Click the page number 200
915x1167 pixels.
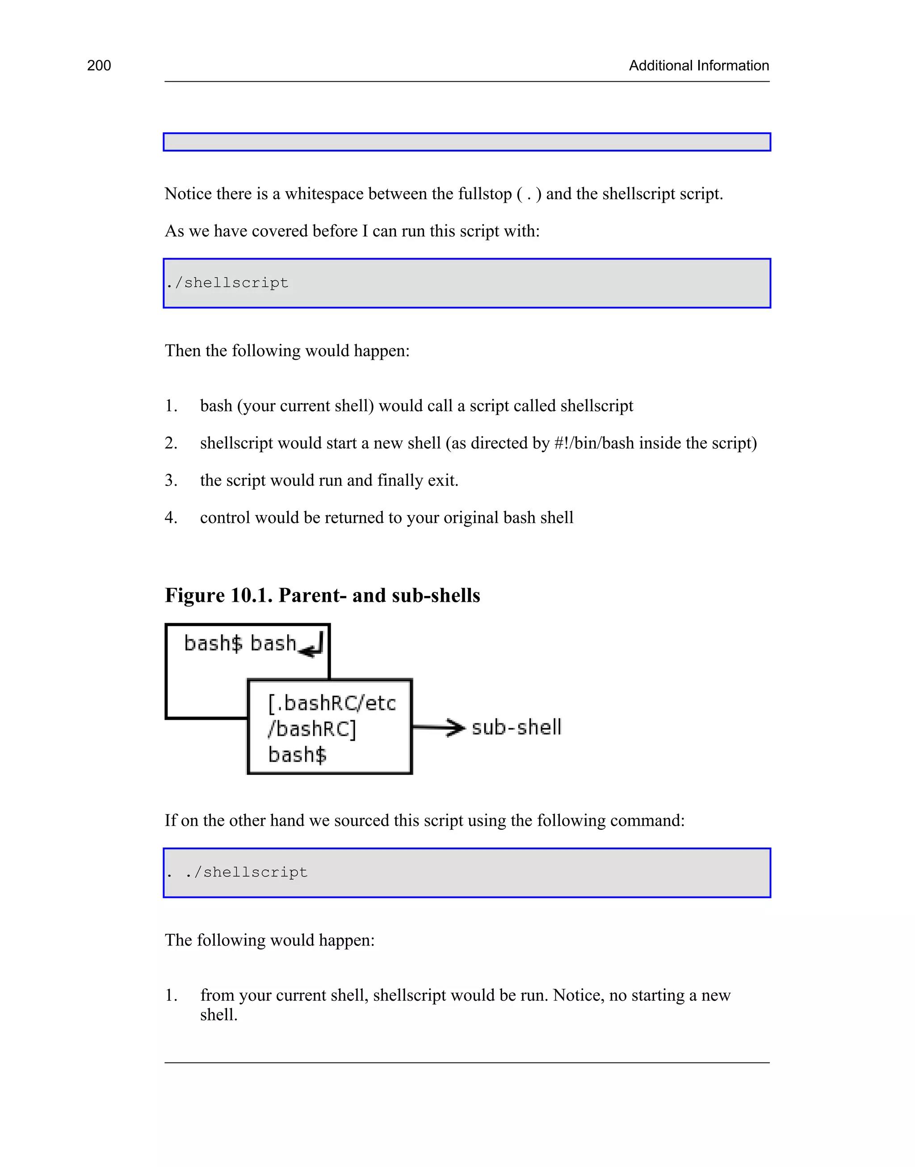99,66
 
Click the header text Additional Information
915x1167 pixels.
699,66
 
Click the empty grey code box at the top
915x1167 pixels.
466,142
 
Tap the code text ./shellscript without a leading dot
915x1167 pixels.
228,283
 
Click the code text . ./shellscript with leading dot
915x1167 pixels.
237,873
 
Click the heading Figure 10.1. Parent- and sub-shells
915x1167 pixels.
322,596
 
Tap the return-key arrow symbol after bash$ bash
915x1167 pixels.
312,645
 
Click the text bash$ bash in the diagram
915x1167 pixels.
239,643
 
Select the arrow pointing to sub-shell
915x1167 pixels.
439,727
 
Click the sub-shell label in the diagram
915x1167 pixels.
516,727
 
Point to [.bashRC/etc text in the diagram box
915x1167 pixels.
332,703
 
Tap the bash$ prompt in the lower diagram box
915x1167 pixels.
297,755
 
